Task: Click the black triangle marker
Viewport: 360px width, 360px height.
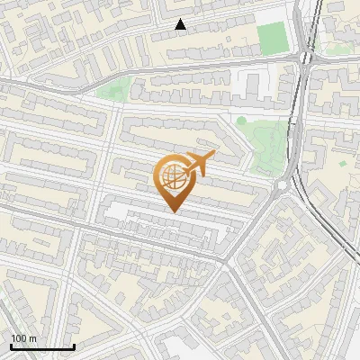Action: click(181, 25)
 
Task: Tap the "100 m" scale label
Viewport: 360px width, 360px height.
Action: click(23, 338)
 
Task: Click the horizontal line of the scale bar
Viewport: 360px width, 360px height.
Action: click(42, 346)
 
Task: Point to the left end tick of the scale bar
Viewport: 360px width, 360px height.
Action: click(11, 345)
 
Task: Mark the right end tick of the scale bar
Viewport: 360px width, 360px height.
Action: click(74, 345)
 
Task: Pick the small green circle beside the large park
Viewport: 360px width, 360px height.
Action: click(241, 121)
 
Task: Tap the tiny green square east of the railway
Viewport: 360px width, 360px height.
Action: click(342, 164)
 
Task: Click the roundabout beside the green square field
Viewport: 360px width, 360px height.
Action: click(306, 58)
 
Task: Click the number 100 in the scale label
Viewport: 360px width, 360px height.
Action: click(19, 338)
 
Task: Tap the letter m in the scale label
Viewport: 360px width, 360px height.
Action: click(32, 339)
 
